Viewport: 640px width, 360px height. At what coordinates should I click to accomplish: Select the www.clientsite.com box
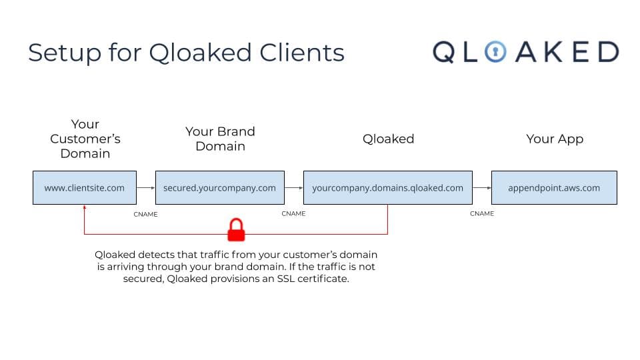point(85,187)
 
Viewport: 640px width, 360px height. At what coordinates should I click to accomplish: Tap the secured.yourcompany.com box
point(219,187)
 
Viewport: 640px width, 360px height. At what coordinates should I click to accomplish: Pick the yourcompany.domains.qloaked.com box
point(387,187)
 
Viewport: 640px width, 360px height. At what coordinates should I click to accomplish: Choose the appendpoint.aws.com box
point(554,187)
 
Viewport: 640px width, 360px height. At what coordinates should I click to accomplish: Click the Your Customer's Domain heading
point(85,139)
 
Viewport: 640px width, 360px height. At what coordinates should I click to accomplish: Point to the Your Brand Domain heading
point(220,139)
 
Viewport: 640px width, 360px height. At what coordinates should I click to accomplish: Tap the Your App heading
point(555,139)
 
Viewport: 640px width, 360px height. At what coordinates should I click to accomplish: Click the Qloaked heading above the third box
point(388,139)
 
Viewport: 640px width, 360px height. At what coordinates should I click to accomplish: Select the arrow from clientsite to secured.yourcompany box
point(145,188)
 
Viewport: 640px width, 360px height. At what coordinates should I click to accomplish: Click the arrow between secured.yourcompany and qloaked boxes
point(294,188)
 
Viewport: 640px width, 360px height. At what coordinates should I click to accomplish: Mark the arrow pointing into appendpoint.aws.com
point(482,188)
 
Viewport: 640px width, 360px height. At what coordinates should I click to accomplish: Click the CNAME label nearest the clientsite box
point(146,214)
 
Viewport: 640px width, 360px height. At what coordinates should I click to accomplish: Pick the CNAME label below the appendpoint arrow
point(482,214)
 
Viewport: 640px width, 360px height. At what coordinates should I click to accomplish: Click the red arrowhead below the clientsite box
point(84,208)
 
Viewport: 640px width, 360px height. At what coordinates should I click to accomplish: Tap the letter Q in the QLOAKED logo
point(445,52)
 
